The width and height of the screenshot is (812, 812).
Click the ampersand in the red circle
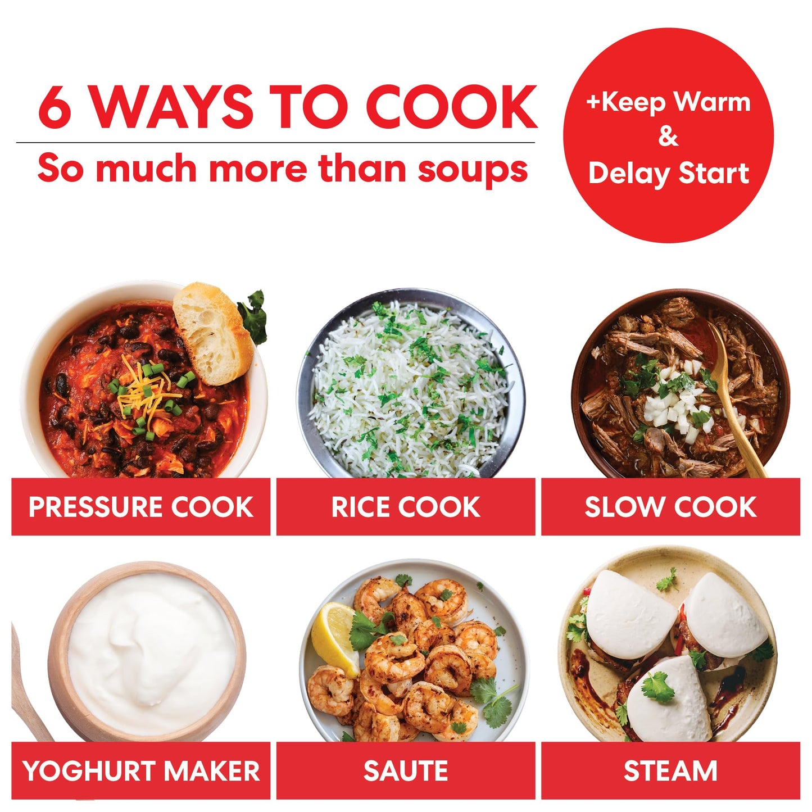coord(668,137)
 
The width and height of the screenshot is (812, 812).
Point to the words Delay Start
coord(668,173)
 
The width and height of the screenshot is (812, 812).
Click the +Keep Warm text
coord(668,102)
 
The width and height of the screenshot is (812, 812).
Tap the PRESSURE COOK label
coord(140,507)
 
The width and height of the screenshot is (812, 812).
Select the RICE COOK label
coord(405,507)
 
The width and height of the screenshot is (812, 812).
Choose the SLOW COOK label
coord(670,507)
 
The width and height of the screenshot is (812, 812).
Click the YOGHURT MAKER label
coord(140,770)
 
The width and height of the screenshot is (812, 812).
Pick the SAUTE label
coord(405,770)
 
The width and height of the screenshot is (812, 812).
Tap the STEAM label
coord(670,770)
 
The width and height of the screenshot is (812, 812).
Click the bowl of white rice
coord(410,388)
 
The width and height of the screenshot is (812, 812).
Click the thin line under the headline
coord(275,143)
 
